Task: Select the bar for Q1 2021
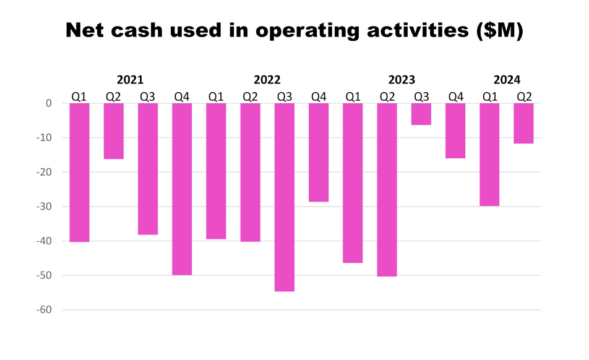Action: [79, 172]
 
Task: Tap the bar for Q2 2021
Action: [113, 131]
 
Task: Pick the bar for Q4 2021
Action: [182, 189]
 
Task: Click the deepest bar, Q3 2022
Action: [285, 197]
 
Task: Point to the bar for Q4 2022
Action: [319, 152]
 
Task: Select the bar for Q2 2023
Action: [387, 189]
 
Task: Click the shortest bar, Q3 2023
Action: [421, 114]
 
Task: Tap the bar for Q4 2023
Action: [455, 131]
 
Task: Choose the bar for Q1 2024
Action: [489, 154]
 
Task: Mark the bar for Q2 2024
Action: [523, 123]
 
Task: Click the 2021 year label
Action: [130, 80]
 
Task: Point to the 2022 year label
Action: [267, 80]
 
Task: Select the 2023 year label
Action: [402, 80]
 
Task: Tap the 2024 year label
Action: [507, 80]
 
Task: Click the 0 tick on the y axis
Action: [48, 103]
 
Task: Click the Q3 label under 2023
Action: [421, 96]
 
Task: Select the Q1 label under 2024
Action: [489, 96]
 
